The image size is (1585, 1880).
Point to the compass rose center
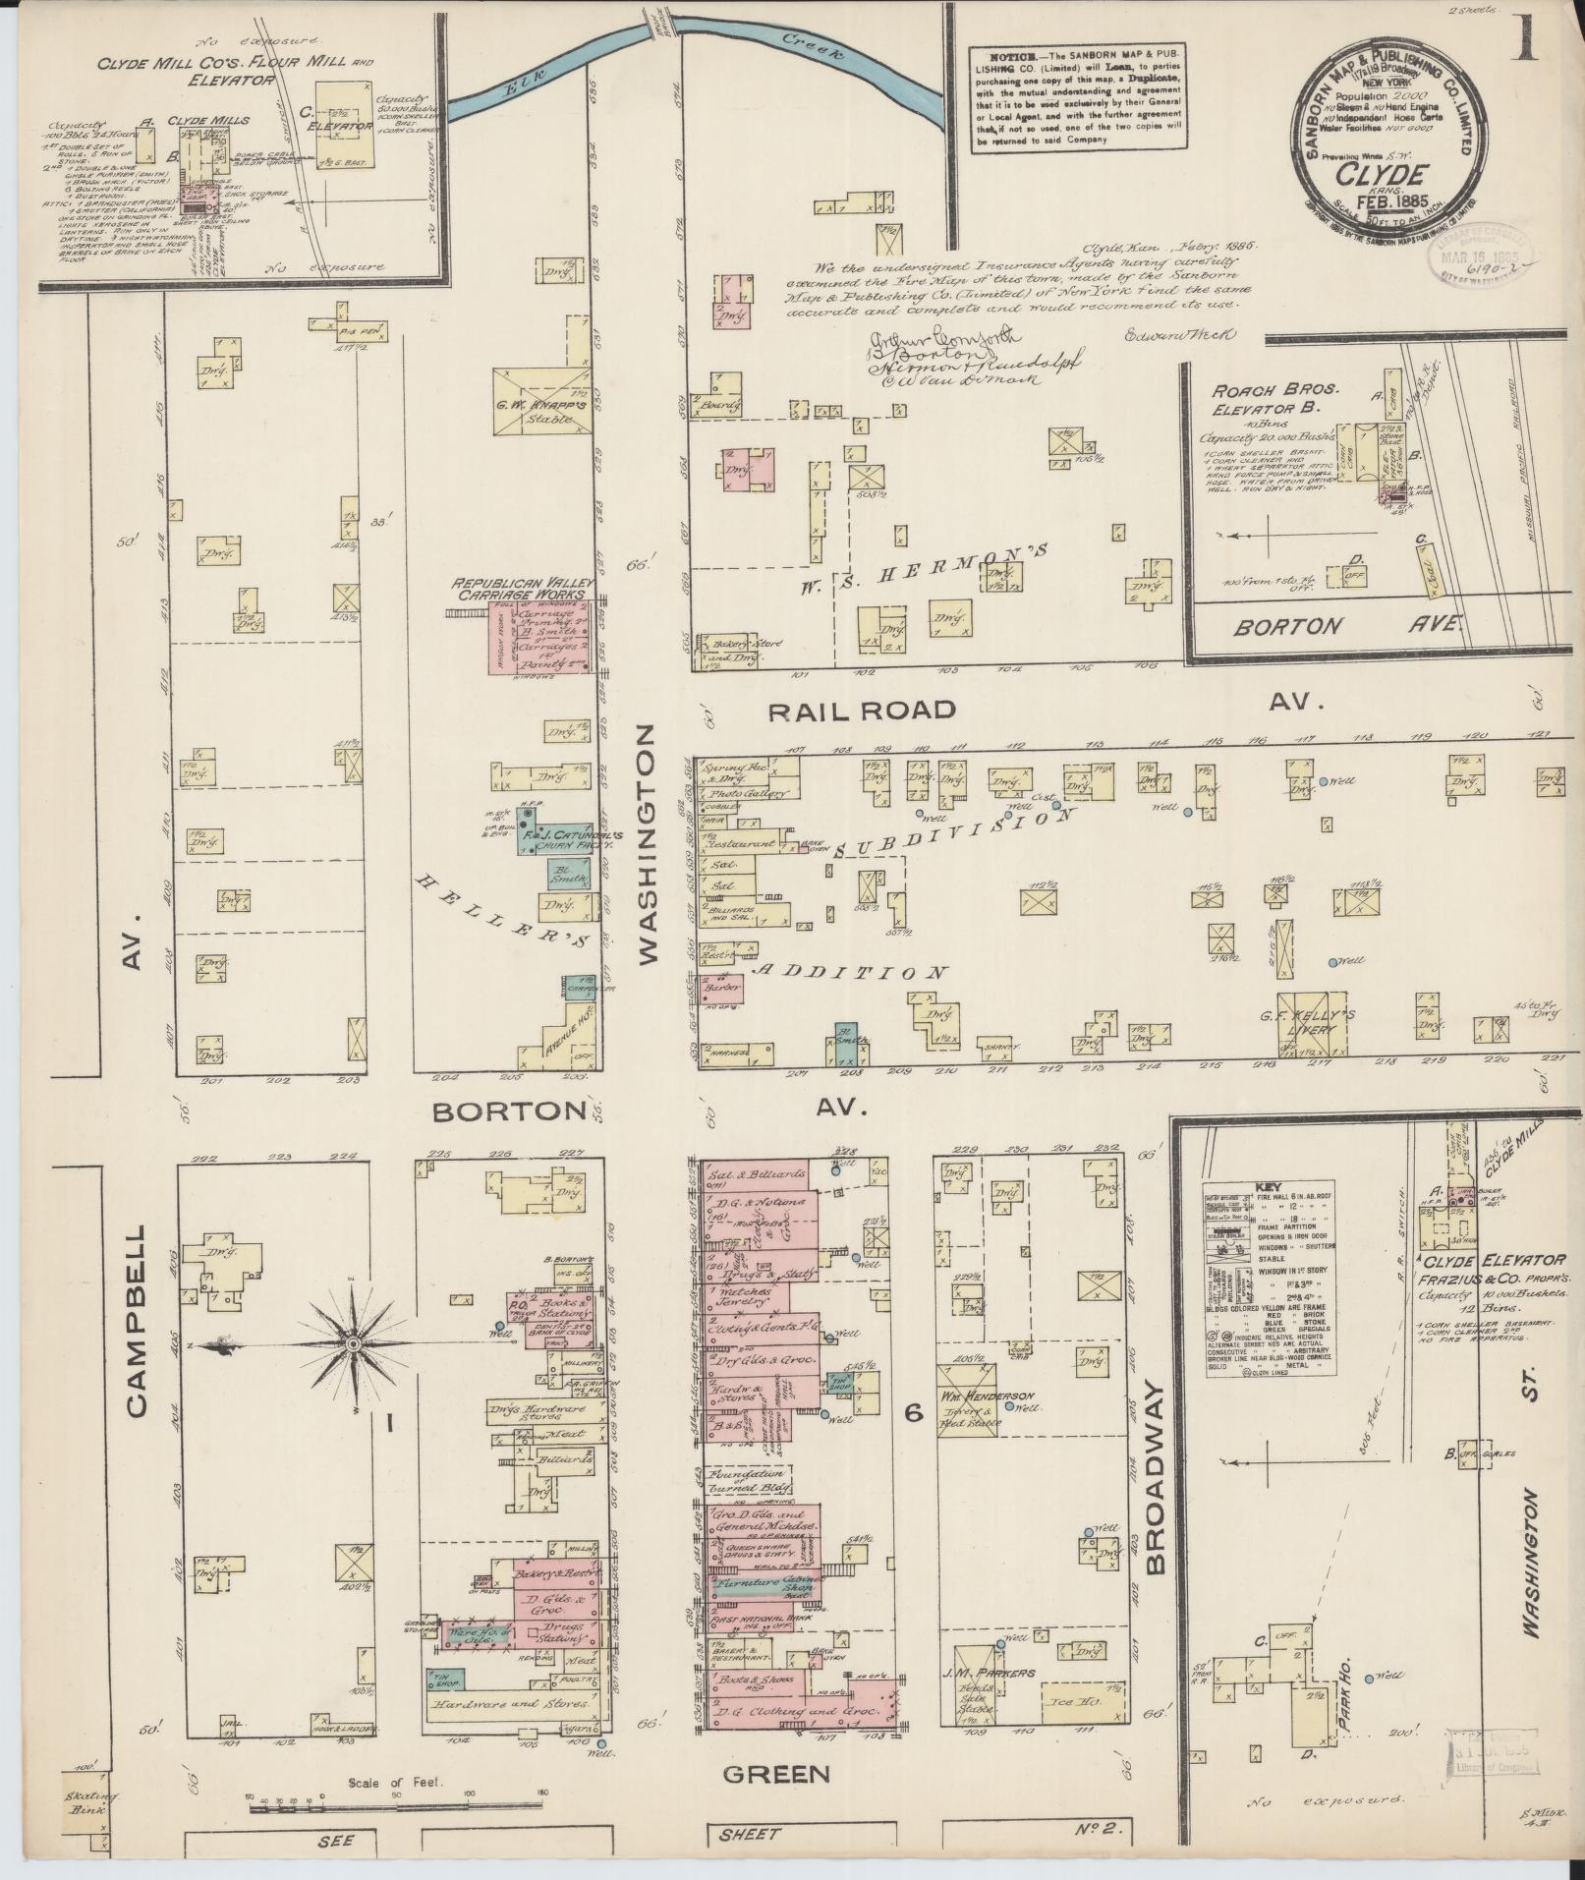(x=352, y=1342)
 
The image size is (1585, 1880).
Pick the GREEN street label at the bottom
(x=777, y=1773)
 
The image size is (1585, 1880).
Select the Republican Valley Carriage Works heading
(x=519, y=589)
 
